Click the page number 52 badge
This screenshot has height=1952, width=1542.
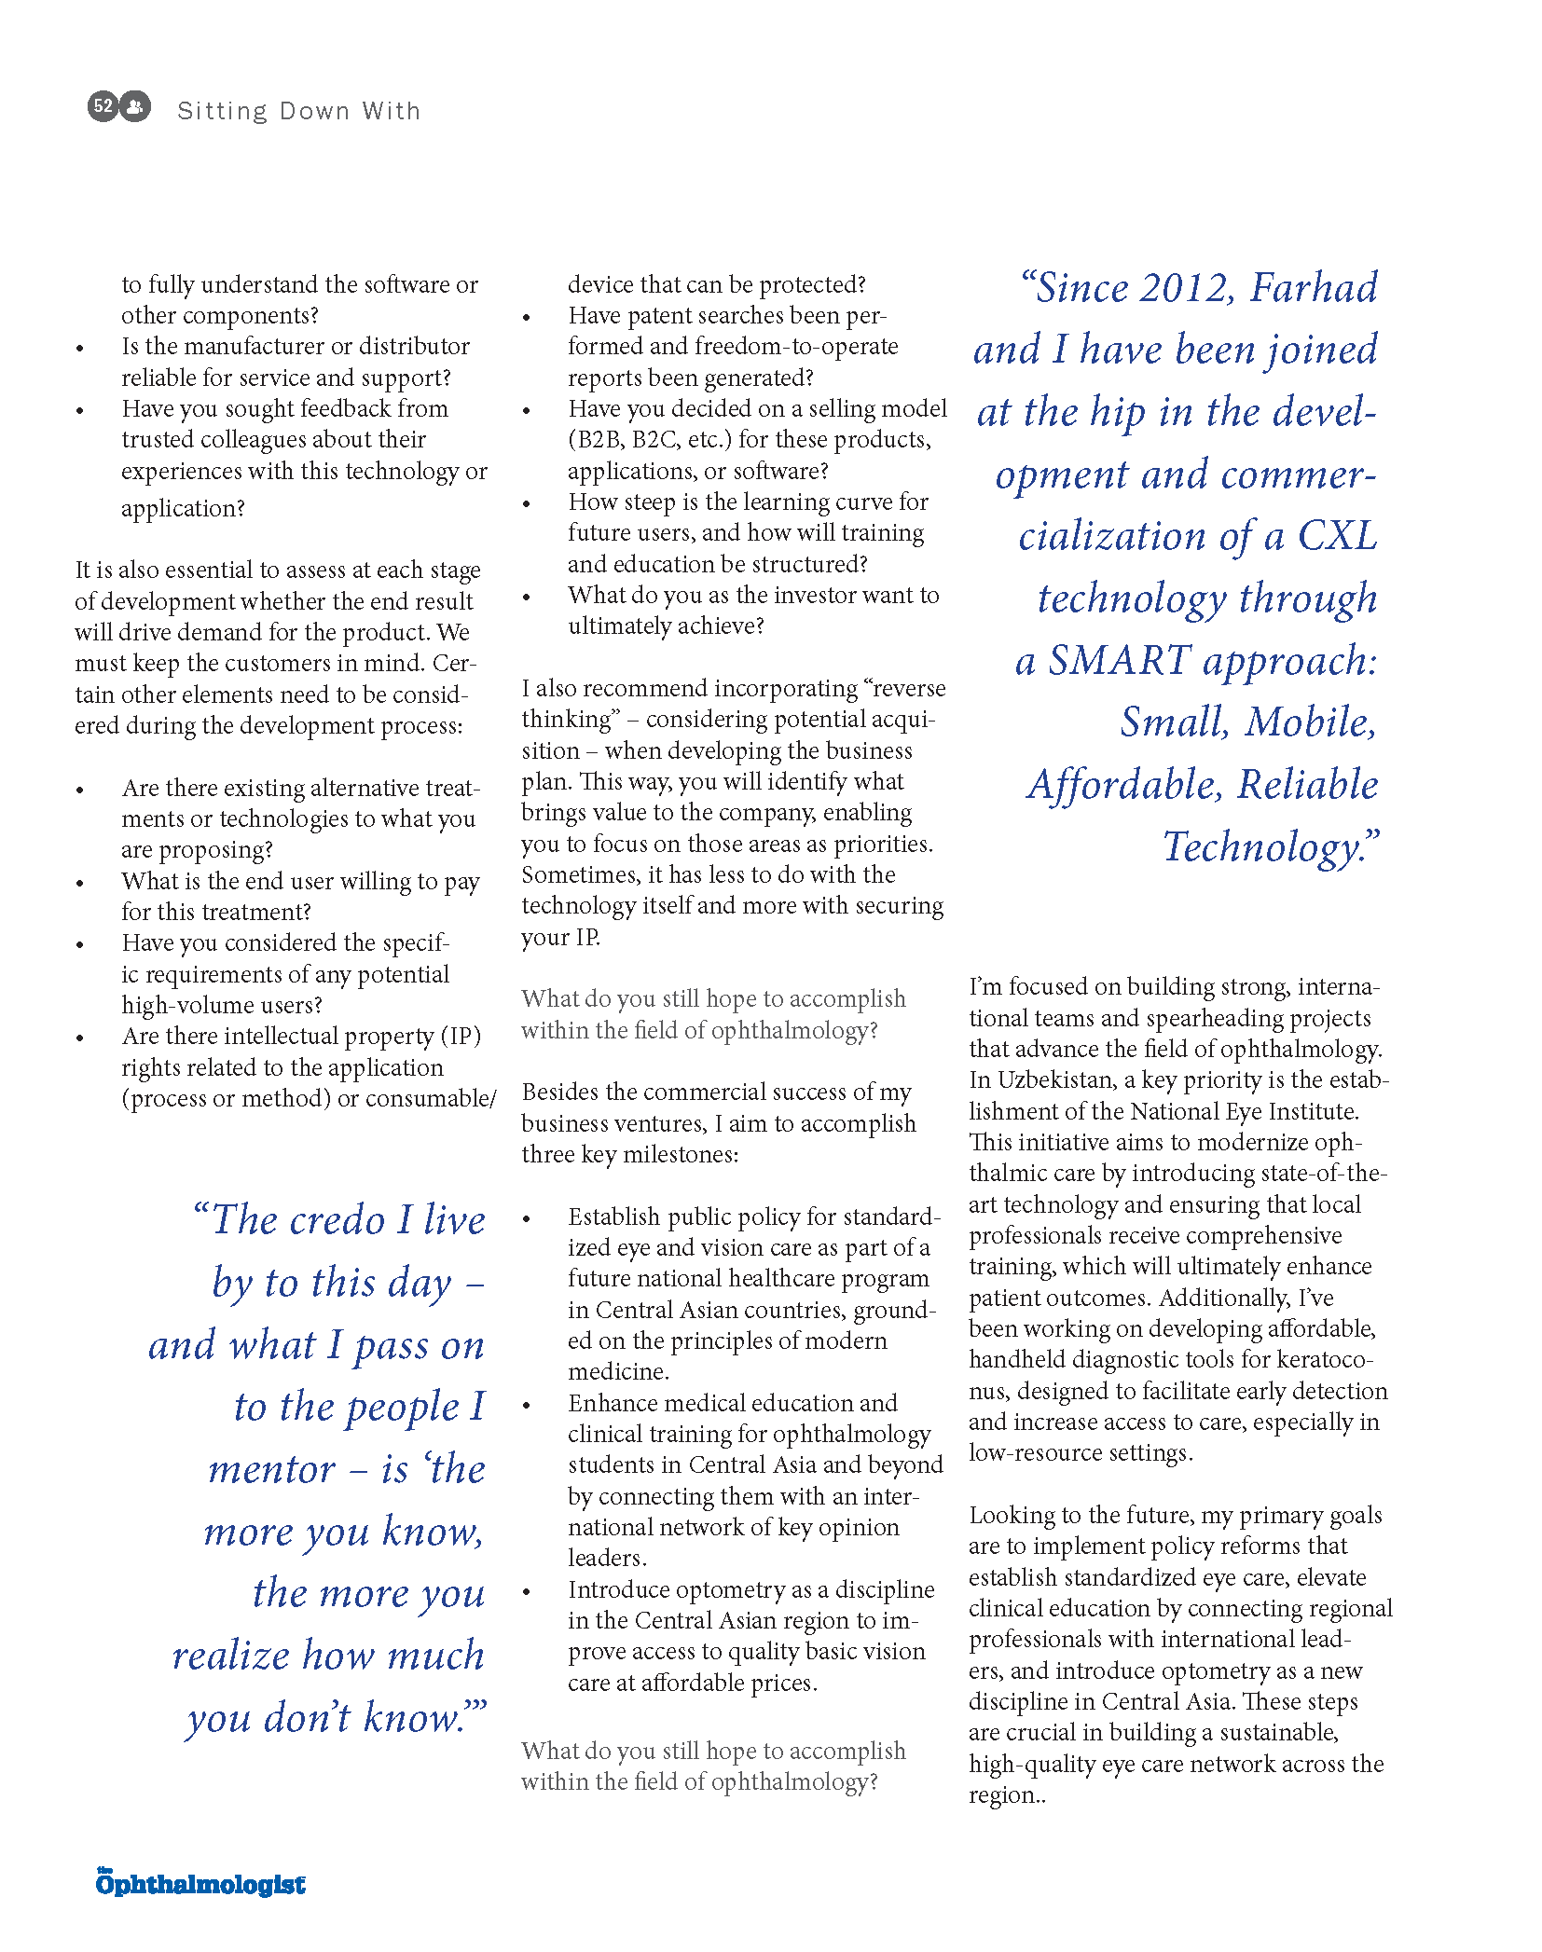pyautogui.click(x=103, y=106)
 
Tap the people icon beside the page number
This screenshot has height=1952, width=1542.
pyautogui.click(x=135, y=106)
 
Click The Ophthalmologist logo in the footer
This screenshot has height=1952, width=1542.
pyautogui.click(x=200, y=1883)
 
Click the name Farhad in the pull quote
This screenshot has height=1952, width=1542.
pyautogui.click(x=1314, y=287)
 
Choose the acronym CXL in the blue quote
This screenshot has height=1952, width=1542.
pyautogui.click(x=1337, y=536)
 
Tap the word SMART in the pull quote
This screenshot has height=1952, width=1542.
pyautogui.click(x=1119, y=660)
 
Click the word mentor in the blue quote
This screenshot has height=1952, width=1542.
pyautogui.click(x=271, y=1469)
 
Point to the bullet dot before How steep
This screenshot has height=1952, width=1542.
pyautogui.click(x=527, y=504)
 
